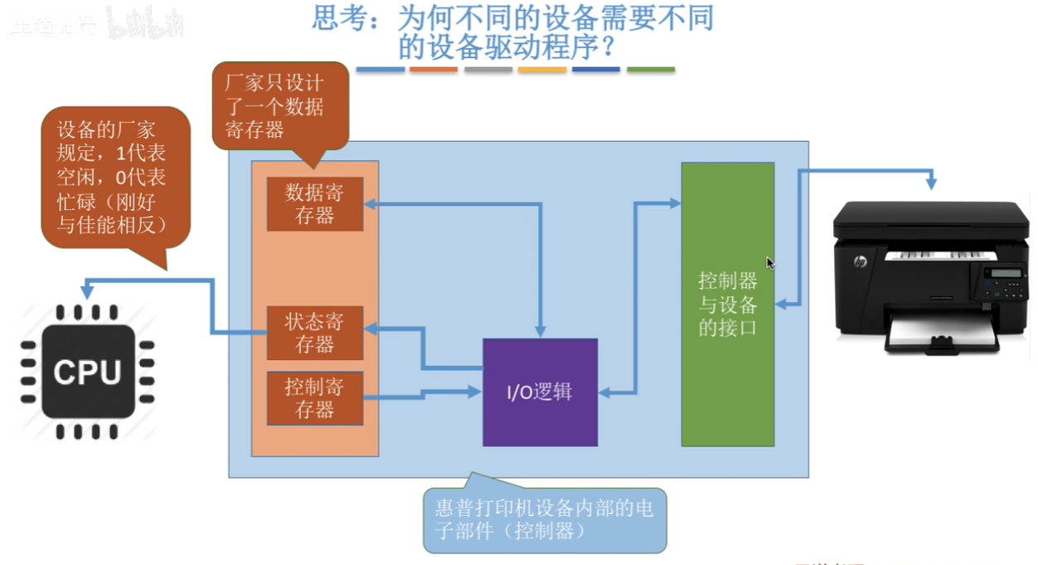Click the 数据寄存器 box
[314, 204]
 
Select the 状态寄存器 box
[314, 333]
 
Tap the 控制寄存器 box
[314, 398]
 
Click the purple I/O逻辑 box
[540, 392]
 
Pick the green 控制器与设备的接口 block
[727, 304]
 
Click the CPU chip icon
[88, 372]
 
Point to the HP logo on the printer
[860, 261]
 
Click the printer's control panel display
[1006, 273]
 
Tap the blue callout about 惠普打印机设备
[544, 519]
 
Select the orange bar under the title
[434, 70]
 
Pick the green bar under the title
[650, 70]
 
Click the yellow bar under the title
[542, 70]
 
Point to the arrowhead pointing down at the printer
[931, 183]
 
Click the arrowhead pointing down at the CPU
[87, 292]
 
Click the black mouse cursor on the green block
[770, 263]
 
